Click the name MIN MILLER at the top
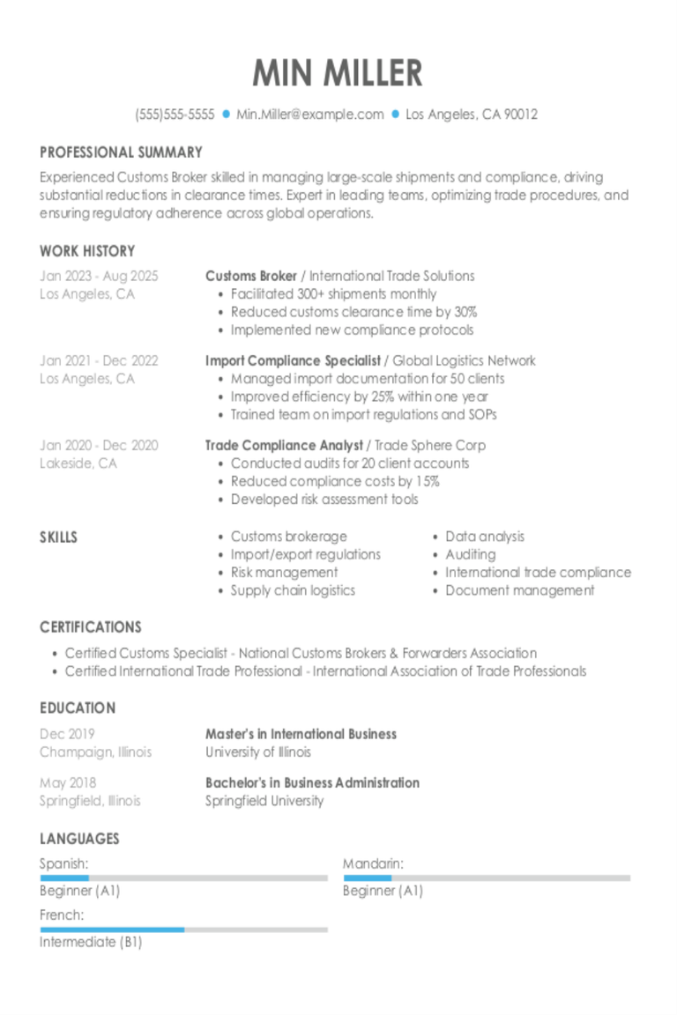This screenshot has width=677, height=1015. click(x=338, y=73)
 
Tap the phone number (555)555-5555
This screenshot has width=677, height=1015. click(x=175, y=114)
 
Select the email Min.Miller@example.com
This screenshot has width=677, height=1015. click(x=309, y=114)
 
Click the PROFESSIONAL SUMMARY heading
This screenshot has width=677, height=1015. click(x=121, y=152)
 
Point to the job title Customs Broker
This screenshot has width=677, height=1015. click(x=250, y=276)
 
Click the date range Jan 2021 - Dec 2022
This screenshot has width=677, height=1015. click(x=99, y=360)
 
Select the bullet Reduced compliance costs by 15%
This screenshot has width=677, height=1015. click(x=335, y=481)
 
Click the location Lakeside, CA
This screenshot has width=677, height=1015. click(x=78, y=463)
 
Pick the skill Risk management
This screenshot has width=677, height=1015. click(x=284, y=573)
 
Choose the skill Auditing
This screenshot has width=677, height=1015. click(x=470, y=554)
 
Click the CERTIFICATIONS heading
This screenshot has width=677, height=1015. click(x=90, y=627)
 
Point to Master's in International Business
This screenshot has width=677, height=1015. click(x=301, y=734)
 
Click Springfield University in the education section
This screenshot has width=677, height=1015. click(x=264, y=801)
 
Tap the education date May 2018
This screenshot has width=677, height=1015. click(x=68, y=782)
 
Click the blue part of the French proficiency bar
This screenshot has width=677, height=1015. click(x=112, y=929)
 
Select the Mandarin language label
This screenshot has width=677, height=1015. click(x=373, y=863)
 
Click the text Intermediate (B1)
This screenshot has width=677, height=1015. click(x=91, y=942)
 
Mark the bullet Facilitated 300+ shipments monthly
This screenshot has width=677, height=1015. click(x=333, y=294)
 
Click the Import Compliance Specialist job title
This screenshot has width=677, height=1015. click(x=293, y=360)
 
